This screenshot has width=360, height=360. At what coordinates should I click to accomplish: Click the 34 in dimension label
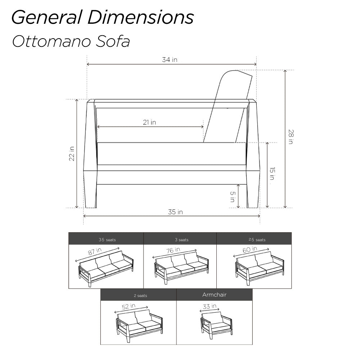[170, 60]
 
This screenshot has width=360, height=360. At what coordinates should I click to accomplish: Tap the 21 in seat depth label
[149, 122]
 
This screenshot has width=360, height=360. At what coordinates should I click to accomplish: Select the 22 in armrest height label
[72, 154]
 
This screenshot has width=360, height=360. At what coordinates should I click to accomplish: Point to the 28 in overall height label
[291, 137]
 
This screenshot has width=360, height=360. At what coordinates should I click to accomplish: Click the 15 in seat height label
[272, 174]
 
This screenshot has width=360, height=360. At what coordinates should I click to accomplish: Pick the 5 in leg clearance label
[233, 197]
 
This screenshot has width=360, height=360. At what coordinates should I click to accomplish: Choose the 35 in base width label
[175, 212]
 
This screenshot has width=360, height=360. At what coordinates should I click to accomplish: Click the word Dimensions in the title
[140, 17]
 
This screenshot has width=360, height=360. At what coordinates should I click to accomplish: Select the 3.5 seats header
[107, 240]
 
